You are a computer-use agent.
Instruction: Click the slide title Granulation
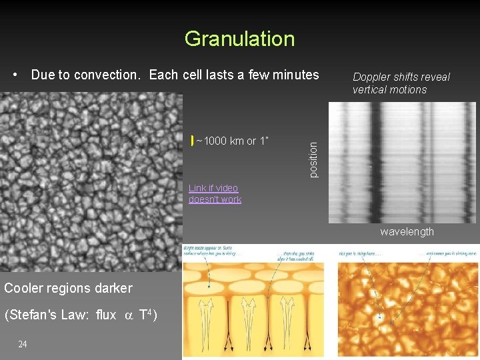[239, 39]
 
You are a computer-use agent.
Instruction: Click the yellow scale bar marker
[192, 141]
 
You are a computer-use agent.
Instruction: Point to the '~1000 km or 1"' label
[233, 141]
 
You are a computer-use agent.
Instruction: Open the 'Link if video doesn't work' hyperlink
[215, 194]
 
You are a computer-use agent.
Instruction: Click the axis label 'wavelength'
[407, 232]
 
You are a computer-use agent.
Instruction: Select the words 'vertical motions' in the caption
[389, 90]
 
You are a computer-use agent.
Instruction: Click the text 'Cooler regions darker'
[68, 289]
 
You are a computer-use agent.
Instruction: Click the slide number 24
[23, 344]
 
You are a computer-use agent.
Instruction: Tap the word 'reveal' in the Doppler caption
[435, 77]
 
